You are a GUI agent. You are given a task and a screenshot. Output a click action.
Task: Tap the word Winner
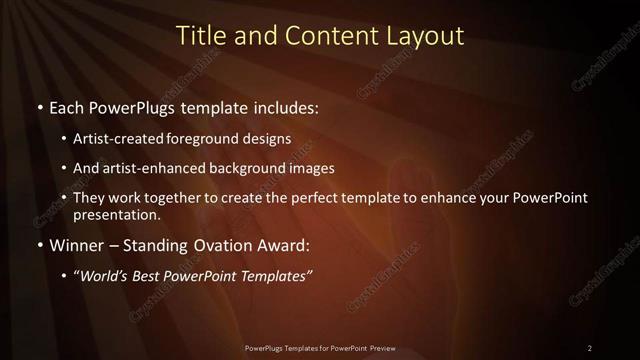(76, 245)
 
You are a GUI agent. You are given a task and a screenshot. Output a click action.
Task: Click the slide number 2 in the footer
(590, 348)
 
